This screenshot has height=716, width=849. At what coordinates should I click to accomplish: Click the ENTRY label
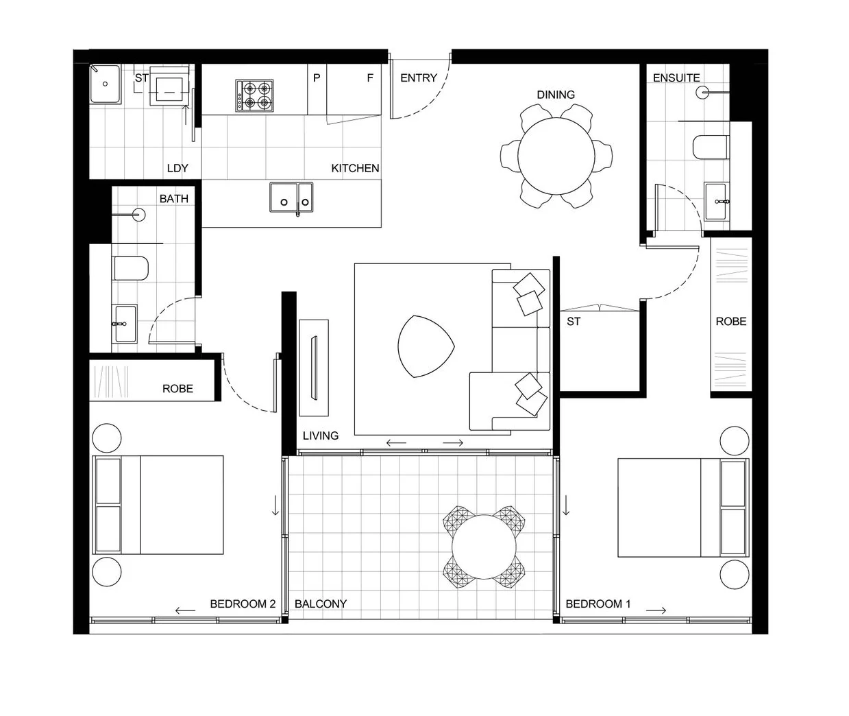pyautogui.click(x=418, y=78)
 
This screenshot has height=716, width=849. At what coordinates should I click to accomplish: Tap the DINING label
pyautogui.click(x=556, y=95)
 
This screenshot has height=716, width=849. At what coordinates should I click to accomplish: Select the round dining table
pyautogui.click(x=556, y=156)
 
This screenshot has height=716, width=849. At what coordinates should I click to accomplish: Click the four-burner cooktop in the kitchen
pyautogui.click(x=255, y=95)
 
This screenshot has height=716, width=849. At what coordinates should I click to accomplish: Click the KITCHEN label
pyautogui.click(x=355, y=168)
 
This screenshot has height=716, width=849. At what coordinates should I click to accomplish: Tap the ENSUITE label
pyautogui.click(x=676, y=78)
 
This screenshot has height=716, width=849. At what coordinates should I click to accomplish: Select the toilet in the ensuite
pyautogui.click(x=710, y=147)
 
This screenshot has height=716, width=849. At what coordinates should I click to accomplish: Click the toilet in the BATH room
pyautogui.click(x=130, y=269)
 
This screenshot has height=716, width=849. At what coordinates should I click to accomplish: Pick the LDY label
pyautogui.click(x=177, y=168)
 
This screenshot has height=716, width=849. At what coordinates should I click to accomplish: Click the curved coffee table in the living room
pyautogui.click(x=424, y=346)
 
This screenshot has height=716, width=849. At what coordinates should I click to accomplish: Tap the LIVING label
pyautogui.click(x=320, y=435)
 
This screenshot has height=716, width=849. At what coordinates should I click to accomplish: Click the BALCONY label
pyautogui.click(x=320, y=604)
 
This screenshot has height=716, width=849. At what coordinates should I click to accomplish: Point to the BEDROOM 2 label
pyautogui.click(x=243, y=604)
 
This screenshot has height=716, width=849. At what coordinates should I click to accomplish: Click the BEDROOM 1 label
pyautogui.click(x=598, y=604)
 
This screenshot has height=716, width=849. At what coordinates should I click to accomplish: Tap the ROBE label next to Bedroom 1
pyautogui.click(x=730, y=321)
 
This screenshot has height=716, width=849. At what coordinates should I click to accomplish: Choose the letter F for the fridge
pyautogui.click(x=370, y=78)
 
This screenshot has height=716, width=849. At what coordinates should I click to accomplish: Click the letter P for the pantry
pyautogui.click(x=317, y=78)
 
